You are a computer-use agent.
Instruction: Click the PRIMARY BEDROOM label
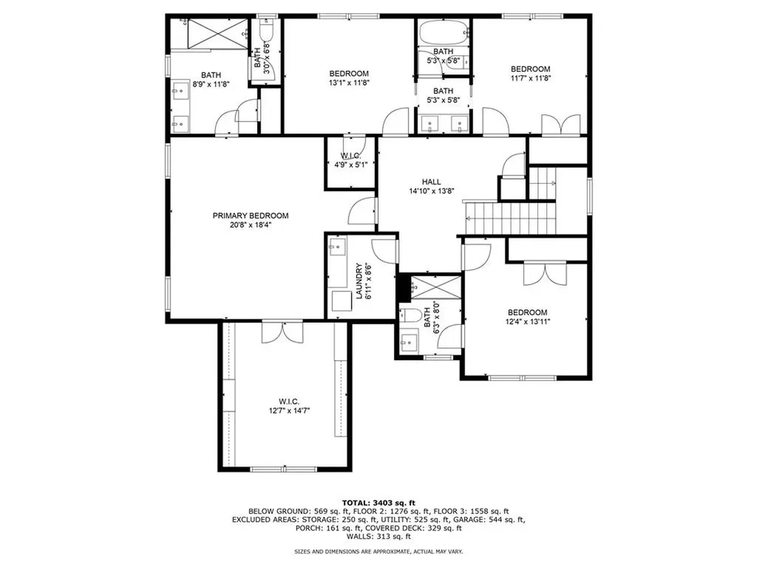tap(250, 216)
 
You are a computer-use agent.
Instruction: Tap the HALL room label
tap(431, 182)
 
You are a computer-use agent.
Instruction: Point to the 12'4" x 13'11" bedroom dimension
tap(527, 321)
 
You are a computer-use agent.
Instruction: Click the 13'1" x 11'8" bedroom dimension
tap(349, 83)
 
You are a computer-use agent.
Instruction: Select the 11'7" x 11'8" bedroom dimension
tap(530, 78)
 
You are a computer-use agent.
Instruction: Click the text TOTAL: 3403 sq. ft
tap(378, 501)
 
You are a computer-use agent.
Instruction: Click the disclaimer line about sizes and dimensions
tap(378, 551)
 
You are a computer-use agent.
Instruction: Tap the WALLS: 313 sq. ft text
tap(378, 537)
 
